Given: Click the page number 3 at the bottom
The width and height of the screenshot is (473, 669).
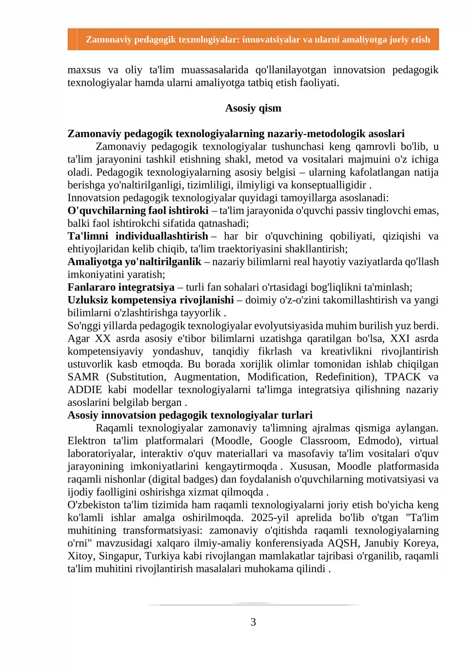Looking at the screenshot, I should [253, 622].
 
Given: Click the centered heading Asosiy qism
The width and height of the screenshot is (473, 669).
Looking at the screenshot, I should [253, 108].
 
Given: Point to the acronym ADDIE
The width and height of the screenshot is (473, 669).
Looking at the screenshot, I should [85, 390].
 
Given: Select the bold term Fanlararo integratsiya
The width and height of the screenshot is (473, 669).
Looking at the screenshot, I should [121, 287].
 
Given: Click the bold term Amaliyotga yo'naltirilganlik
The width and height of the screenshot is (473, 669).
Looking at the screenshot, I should [135, 262].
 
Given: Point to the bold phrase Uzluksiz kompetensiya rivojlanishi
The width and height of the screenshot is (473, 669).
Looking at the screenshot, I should [151, 300].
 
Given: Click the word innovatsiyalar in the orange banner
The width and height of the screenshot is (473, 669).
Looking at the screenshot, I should [271, 40].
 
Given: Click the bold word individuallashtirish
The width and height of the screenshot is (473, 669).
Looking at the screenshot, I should [162, 236].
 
